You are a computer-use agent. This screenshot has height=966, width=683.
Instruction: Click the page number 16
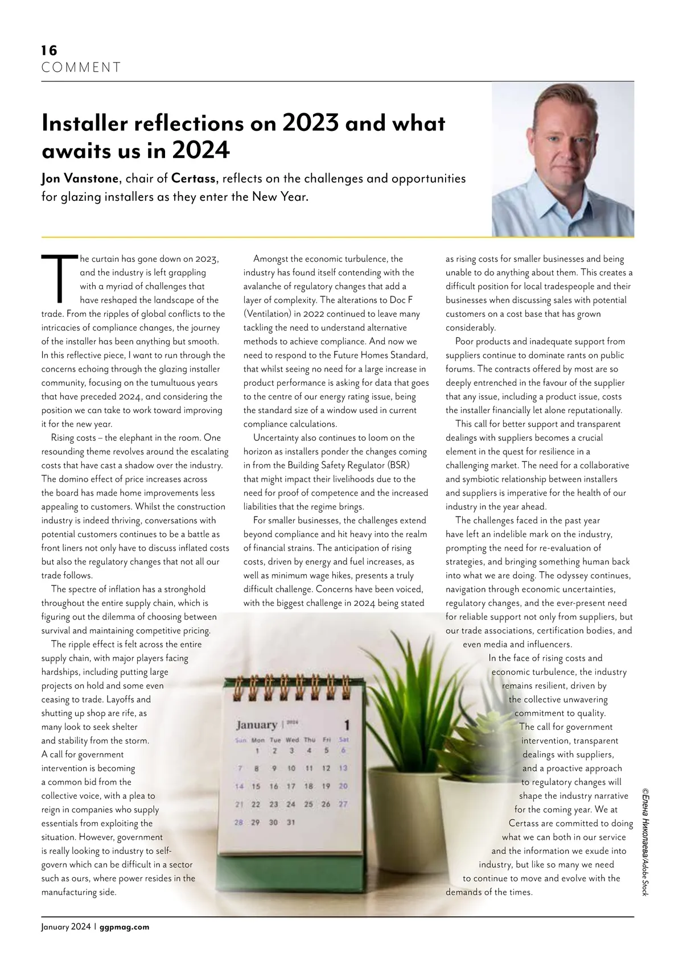[x=49, y=51]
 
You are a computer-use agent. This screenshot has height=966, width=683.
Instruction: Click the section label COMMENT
[x=81, y=68]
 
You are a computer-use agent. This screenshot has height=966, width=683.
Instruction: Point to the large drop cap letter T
[x=59, y=279]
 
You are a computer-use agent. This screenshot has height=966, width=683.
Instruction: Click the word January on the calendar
[x=256, y=725]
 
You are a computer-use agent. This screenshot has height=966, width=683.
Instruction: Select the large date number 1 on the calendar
[x=347, y=725]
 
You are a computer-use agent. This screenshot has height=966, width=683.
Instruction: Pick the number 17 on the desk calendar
[x=291, y=786]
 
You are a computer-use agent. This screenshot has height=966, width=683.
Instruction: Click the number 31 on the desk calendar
[x=291, y=823]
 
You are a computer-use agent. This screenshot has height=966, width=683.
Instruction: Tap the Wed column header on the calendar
[x=292, y=740]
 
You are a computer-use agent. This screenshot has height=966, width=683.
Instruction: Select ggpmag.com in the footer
[x=124, y=927]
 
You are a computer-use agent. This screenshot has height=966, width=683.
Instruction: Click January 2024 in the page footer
[x=66, y=927]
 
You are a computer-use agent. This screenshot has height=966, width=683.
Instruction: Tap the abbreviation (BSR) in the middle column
[x=398, y=465]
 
